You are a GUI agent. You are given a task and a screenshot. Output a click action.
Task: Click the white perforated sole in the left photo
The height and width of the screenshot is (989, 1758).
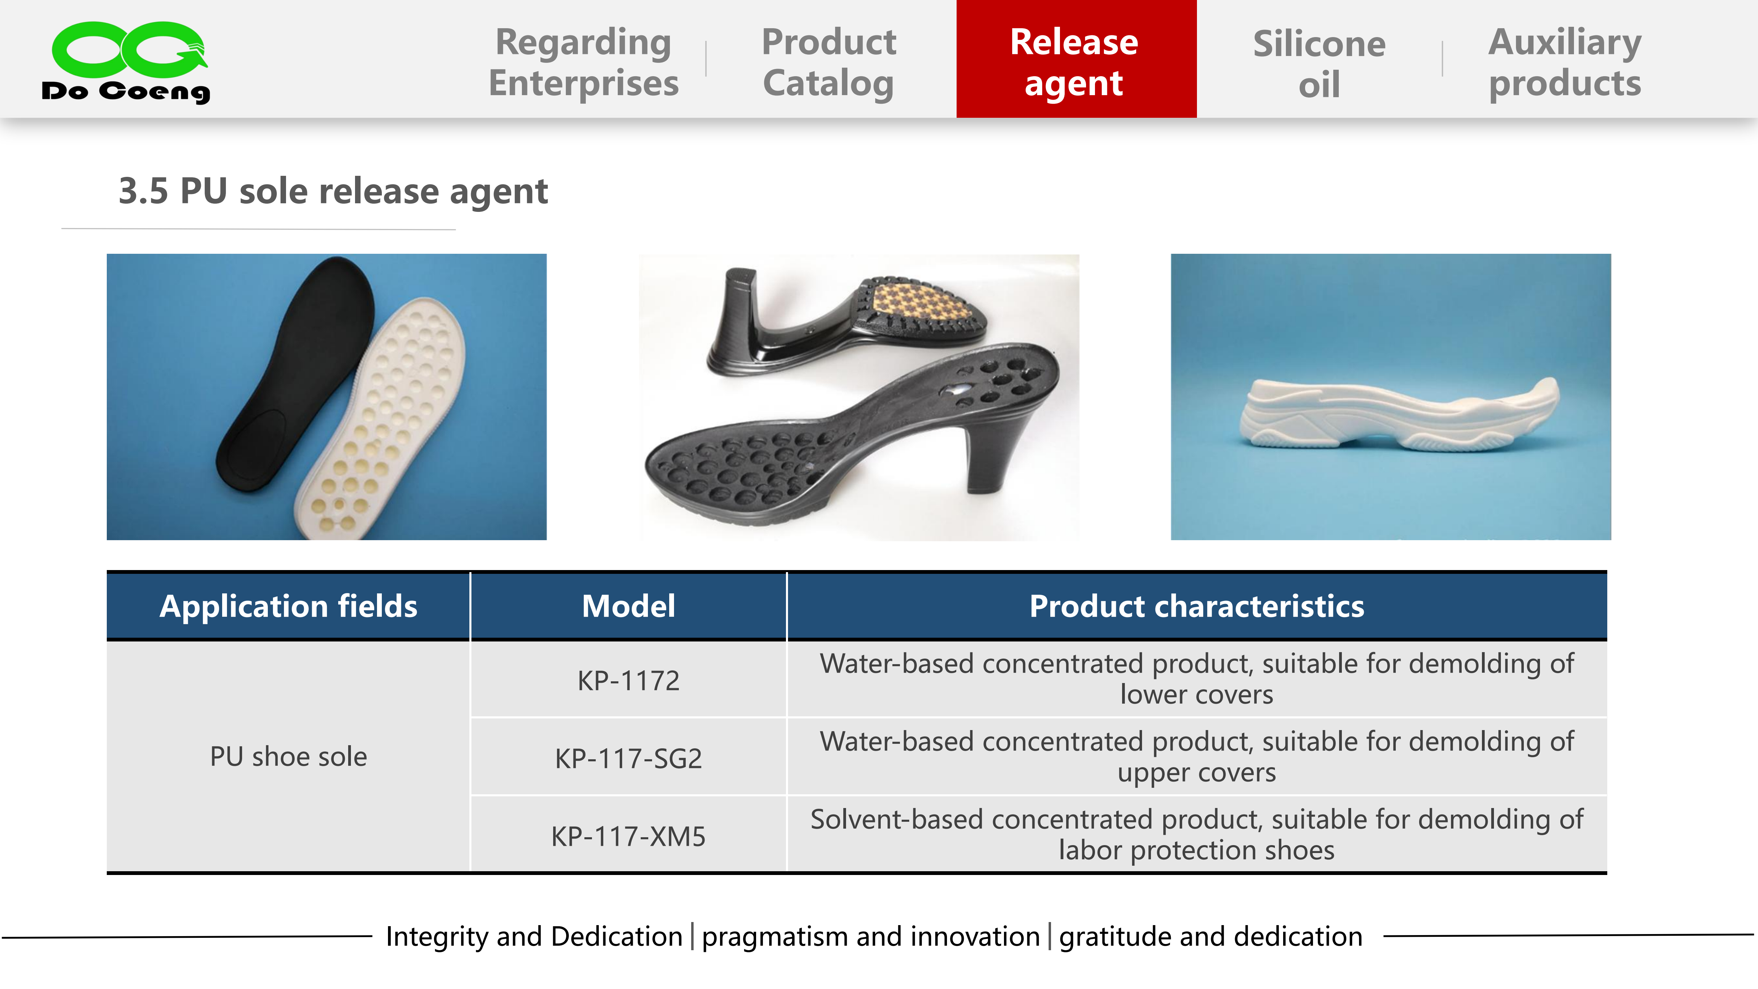(382, 416)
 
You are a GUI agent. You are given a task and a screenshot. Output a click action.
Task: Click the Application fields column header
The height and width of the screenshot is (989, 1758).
(289, 606)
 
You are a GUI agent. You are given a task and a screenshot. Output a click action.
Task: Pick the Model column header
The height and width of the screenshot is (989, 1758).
(629, 606)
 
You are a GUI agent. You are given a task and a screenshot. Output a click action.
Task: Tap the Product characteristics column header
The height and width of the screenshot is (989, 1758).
(1197, 606)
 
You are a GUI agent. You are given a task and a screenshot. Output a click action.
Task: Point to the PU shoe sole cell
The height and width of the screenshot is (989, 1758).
(289, 756)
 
